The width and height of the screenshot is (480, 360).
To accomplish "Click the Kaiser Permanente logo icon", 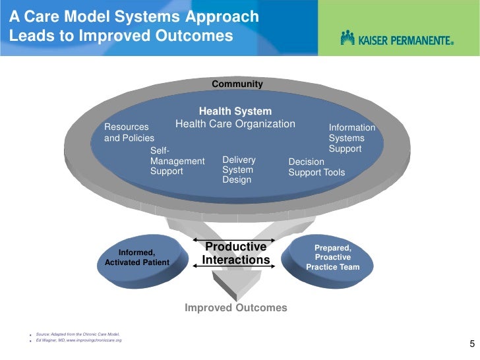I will click(x=347, y=38).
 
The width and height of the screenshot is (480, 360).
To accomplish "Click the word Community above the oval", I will click(x=237, y=84).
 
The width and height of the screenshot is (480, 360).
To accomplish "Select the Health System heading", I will click(x=235, y=111).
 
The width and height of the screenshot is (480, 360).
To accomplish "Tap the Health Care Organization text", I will click(x=235, y=124).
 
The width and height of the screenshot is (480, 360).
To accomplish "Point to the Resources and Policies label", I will click(x=129, y=133).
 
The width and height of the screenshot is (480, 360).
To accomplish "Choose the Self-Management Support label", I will click(x=177, y=161).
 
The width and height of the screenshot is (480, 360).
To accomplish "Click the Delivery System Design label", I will click(x=239, y=170).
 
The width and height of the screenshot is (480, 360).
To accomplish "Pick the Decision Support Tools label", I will click(x=316, y=167).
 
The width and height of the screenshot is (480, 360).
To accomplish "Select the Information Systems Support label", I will click(x=351, y=138).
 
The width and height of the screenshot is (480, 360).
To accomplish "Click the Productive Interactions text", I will click(x=235, y=253).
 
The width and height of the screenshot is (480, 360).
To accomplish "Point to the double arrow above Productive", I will click(x=235, y=239).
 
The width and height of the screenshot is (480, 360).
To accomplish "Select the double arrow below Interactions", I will click(x=235, y=268).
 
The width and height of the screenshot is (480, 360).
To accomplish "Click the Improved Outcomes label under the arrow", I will click(x=235, y=308).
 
